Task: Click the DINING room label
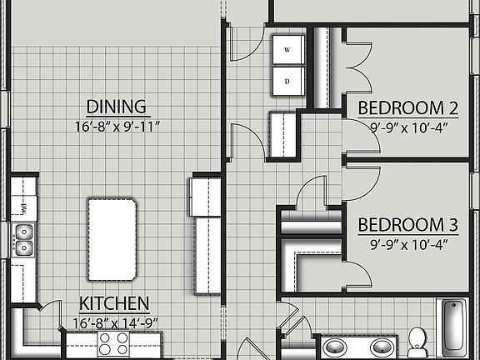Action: (117, 107)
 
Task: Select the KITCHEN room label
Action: (114, 303)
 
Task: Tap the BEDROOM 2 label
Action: (408, 107)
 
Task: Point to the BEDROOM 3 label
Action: (408, 225)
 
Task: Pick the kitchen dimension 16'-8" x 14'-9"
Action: (114, 321)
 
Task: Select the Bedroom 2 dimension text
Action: (408, 127)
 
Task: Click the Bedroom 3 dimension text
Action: (408, 244)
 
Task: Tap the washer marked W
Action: (287, 50)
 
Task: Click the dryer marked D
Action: (287, 81)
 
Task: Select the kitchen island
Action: (112, 240)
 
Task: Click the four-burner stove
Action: (114, 344)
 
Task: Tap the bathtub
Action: (453, 327)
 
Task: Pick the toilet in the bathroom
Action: (417, 340)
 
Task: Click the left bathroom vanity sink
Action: (335, 347)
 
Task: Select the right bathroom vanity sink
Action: (382, 347)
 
